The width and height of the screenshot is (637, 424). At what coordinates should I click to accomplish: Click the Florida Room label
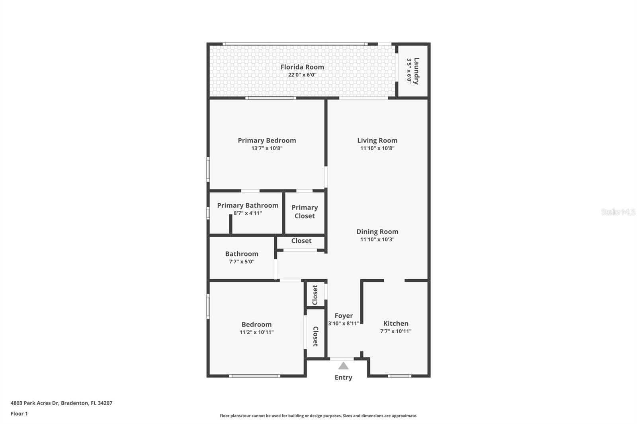[x=302, y=67]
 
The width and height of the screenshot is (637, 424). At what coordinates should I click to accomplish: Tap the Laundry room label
[x=416, y=71]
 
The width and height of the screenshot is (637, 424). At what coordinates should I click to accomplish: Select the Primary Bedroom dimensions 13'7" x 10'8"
[x=267, y=148]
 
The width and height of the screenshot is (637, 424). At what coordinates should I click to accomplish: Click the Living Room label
[x=377, y=140]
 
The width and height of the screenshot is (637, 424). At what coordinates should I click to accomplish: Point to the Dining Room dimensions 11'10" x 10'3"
[x=377, y=239]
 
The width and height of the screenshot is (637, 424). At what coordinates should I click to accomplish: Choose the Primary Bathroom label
[x=247, y=206]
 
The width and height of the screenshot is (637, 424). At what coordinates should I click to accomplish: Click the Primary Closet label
[x=305, y=212]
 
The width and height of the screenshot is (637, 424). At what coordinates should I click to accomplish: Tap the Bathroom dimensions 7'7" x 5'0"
[x=241, y=262]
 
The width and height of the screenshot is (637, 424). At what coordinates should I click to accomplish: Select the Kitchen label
[x=395, y=323]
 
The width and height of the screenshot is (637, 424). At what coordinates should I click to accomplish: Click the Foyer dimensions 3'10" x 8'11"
[x=344, y=323]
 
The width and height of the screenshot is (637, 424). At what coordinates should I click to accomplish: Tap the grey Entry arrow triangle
[x=343, y=366]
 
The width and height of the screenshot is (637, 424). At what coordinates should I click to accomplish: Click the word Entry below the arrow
[x=343, y=377]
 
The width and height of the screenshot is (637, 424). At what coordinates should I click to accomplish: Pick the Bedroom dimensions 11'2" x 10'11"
[x=256, y=332]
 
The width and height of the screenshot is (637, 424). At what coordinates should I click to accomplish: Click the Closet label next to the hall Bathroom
[x=301, y=241]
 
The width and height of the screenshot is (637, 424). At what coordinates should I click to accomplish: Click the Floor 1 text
[x=19, y=414]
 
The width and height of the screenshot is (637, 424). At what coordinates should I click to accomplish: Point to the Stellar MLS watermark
[x=618, y=212]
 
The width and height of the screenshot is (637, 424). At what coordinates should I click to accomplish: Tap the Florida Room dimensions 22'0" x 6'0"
[x=302, y=75]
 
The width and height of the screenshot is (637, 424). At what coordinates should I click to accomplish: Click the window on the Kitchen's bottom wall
[x=399, y=375]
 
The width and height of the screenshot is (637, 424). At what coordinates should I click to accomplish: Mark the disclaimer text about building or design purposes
[x=318, y=416]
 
